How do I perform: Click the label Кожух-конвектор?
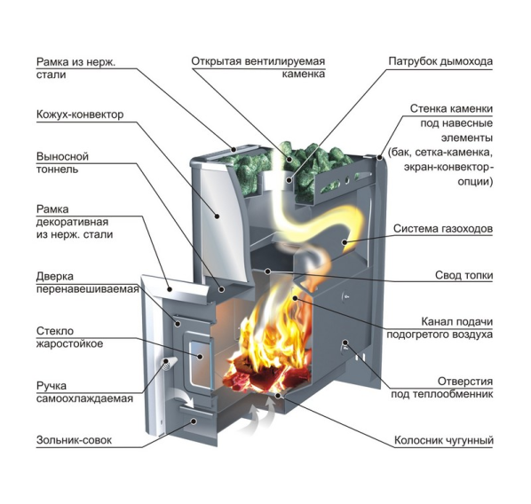point(80,114)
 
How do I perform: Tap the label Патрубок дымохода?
point(440,61)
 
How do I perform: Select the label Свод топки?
point(464,275)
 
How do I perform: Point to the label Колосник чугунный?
point(444,440)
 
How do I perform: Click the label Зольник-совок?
point(74,440)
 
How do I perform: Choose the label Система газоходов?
point(442,228)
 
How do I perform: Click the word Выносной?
point(62,157)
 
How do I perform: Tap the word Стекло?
point(55,331)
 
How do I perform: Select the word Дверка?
point(54,277)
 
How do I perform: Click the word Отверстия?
point(465,382)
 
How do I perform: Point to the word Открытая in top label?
point(216,61)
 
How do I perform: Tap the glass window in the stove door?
point(200,364)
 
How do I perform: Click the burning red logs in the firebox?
point(267,374)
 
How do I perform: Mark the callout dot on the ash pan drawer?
point(194,421)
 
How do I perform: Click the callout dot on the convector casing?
point(216,216)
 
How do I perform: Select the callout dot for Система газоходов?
point(344,242)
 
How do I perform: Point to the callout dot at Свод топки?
point(267,272)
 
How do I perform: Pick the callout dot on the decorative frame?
point(170,288)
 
